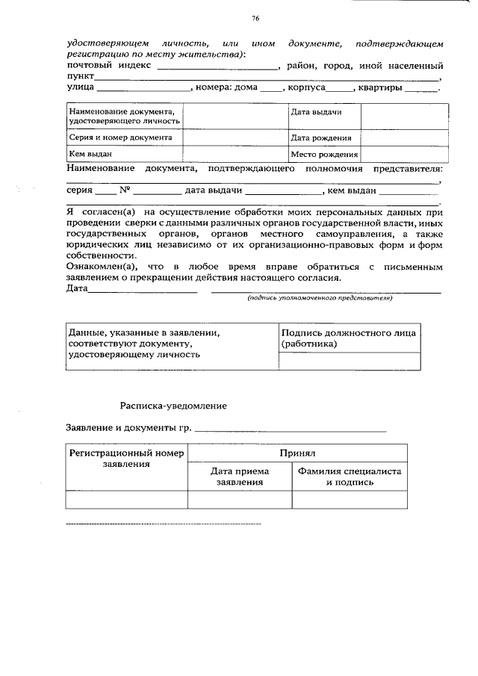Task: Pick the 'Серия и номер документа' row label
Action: [120, 137]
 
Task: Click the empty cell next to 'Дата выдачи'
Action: [405, 117]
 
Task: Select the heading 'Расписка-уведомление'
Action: [174, 406]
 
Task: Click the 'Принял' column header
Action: [298, 453]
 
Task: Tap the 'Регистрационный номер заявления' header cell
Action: [126, 459]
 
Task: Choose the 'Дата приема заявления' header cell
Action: [240, 477]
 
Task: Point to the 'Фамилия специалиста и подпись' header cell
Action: [350, 477]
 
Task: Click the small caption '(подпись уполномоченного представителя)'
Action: [320, 298]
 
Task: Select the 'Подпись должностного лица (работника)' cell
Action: [348, 338]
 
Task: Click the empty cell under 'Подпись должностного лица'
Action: [348, 362]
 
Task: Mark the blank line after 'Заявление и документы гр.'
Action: [291, 430]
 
